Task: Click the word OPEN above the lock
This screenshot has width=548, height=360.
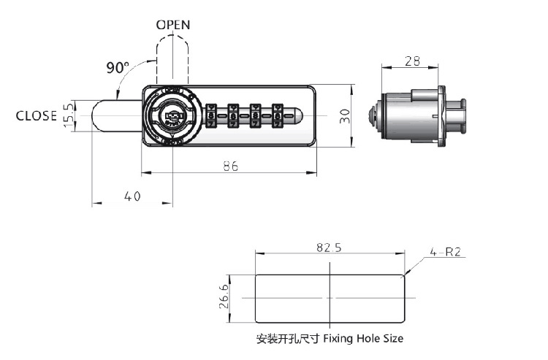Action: (x=173, y=25)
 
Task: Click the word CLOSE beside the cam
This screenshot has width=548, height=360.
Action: (x=37, y=115)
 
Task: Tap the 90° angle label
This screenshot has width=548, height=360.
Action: (x=117, y=68)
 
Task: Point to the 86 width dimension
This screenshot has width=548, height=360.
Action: (x=230, y=166)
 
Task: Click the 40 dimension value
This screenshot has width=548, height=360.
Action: (x=132, y=196)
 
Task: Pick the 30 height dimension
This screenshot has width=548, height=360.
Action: (x=345, y=115)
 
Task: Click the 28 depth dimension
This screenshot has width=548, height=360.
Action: (x=411, y=62)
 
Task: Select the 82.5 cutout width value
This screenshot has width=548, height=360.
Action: (x=329, y=248)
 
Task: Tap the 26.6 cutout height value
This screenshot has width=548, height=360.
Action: (x=224, y=299)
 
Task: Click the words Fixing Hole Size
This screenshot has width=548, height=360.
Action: (x=363, y=339)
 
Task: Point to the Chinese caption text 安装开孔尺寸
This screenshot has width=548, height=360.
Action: (x=288, y=339)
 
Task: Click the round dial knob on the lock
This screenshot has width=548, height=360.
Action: (x=171, y=115)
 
